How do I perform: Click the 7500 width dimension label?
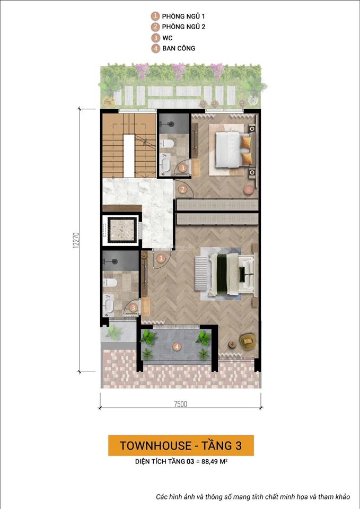pos(180,404)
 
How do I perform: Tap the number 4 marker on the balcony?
pos(177,347)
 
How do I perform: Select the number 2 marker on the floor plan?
pos(182,189)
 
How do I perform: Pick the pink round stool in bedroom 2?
pos(248,189)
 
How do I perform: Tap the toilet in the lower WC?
pos(110,282)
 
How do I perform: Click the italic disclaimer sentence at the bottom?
pos(253,497)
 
